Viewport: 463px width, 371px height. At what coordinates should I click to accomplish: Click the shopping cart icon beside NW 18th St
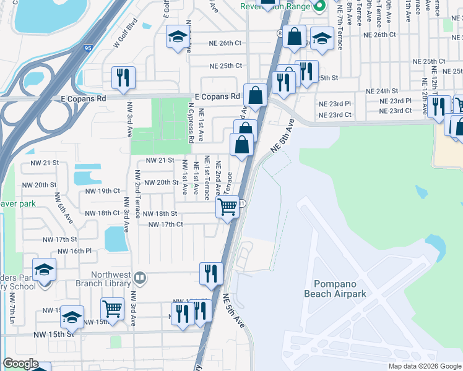click(228, 207)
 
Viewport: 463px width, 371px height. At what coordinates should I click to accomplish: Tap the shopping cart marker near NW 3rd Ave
click(112, 307)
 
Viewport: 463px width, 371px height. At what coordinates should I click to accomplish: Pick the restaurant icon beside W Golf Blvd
click(123, 77)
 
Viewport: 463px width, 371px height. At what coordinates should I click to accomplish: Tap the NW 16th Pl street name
click(74, 251)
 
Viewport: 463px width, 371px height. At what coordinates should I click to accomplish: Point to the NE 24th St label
click(382, 90)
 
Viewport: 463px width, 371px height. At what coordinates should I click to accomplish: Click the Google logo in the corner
click(20, 364)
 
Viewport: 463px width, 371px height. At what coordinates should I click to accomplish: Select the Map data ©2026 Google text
click(424, 366)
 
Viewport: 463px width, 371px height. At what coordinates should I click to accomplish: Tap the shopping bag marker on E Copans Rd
click(255, 96)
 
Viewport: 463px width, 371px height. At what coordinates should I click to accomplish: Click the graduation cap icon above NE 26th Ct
click(178, 37)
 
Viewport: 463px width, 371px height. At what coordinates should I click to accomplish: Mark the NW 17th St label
click(59, 239)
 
